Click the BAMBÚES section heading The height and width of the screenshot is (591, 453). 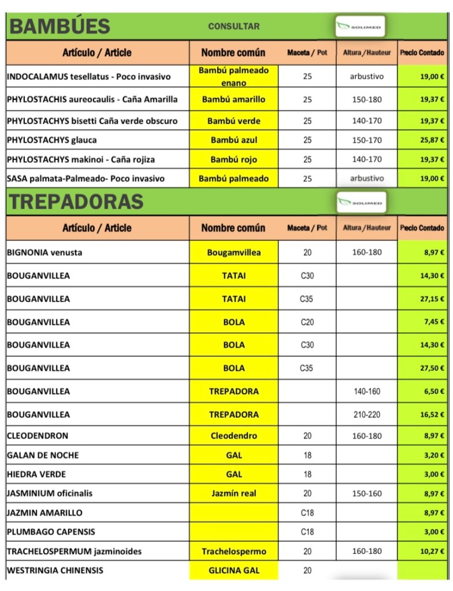click(60, 27)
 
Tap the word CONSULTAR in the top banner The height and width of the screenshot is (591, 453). click(233, 27)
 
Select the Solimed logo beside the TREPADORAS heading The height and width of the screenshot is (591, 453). click(362, 203)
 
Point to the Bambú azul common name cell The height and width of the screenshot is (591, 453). click(233, 140)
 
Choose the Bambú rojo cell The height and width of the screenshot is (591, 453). click(233, 159)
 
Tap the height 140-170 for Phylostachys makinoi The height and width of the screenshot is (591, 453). click(367, 159)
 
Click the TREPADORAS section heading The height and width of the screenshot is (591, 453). click(76, 202)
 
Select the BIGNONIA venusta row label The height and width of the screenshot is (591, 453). click(44, 252)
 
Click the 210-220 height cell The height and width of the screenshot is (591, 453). click(367, 414)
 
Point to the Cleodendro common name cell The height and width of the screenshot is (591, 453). click(233, 436)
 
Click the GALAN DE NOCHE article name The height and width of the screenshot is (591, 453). click(43, 455)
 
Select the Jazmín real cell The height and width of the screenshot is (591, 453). click(233, 493)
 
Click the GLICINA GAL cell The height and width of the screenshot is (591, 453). click(233, 570)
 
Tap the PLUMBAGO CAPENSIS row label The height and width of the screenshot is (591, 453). click(51, 531)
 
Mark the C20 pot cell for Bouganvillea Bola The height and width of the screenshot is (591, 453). click(307, 322)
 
